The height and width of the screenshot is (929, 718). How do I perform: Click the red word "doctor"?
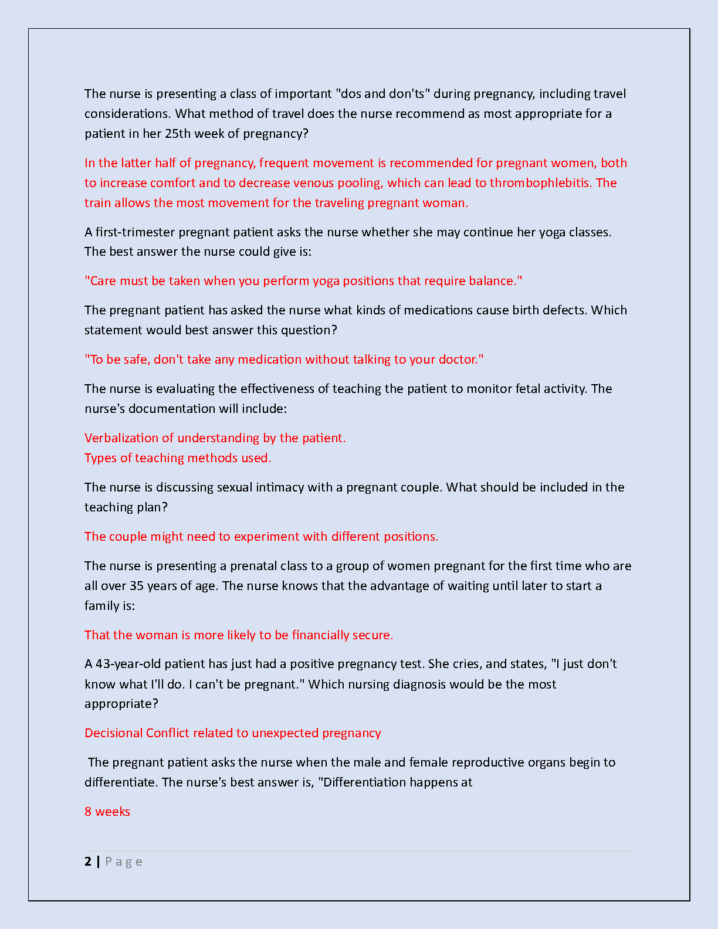pos(458,359)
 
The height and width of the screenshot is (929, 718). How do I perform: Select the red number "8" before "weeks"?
pos(88,811)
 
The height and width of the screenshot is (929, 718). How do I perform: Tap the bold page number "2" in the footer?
pos(88,861)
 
